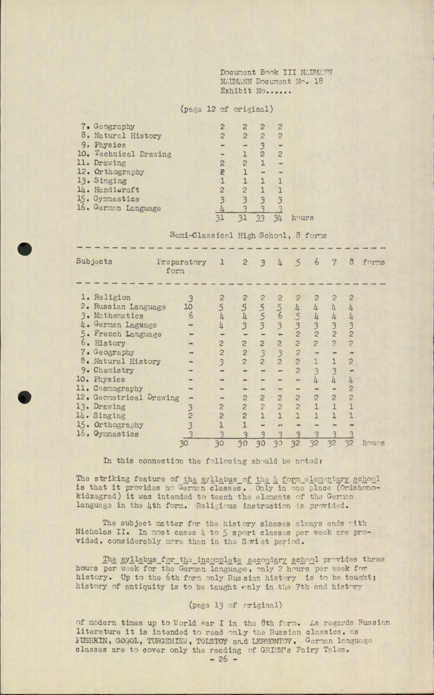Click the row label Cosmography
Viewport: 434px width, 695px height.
coord(118,389)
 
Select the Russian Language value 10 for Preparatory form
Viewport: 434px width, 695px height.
coord(188,307)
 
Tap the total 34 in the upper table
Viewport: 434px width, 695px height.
coord(277,218)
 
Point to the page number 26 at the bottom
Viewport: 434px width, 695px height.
coord(223,659)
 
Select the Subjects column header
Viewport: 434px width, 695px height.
coord(94,261)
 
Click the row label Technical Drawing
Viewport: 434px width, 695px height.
coord(133,154)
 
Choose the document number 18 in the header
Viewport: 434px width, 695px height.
coord(318,82)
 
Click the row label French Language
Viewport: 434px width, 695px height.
coord(127,334)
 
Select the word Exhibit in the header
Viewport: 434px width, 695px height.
coord(236,91)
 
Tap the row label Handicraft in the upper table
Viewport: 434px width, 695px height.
coord(117,190)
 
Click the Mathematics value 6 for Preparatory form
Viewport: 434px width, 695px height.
coord(190,316)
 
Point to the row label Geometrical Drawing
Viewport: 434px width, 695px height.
coord(136,398)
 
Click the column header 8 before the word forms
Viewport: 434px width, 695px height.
coord(352,262)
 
